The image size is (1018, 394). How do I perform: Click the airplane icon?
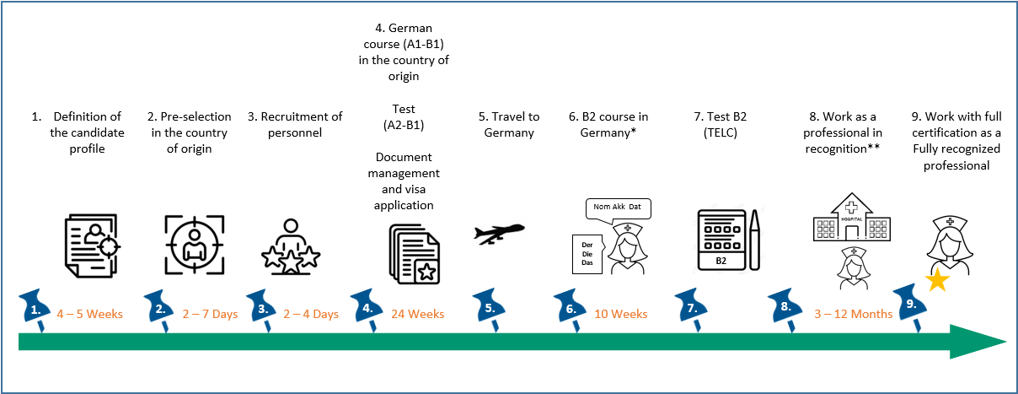(x=500, y=233)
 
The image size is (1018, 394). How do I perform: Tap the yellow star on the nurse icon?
(x=936, y=281)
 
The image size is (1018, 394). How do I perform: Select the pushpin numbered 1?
(x=38, y=306)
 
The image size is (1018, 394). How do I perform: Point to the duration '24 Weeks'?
(x=417, y=314)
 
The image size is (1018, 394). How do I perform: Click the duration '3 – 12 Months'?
(x=853, y=314)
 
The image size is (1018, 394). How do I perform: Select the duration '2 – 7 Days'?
(x=210, y=314)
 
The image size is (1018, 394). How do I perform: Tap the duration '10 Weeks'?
(x=620, y=314)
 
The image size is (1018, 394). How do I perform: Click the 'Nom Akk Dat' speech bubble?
(x=619, y=207)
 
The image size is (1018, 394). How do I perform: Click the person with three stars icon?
(x=290, y=246)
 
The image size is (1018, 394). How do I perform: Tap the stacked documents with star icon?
(x=414, y=254)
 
